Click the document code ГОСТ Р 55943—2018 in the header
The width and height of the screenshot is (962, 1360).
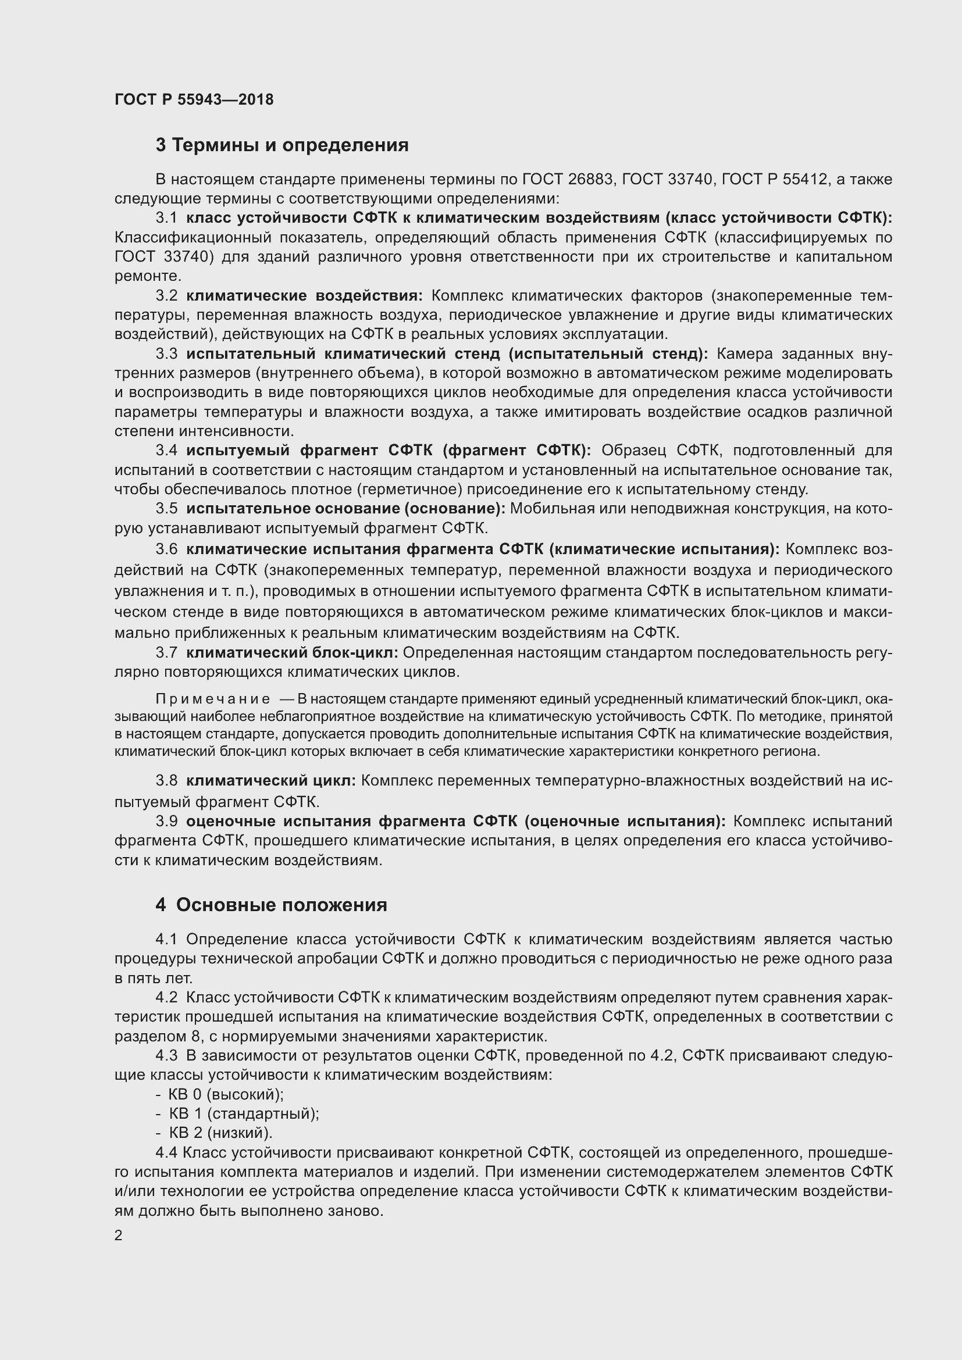pyautogui.click(x=194, y=99)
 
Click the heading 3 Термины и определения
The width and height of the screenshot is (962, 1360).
pyautogui.click(x=282, y=145)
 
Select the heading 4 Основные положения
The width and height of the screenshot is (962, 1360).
pyautogui.click(x=271, y=905)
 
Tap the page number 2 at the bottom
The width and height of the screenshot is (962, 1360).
pyautogui.click(x=119, y=1236)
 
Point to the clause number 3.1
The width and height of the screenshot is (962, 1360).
pyautogui.click(x=166, y=218)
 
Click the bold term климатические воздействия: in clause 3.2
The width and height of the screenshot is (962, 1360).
pyautogui.click(x=304, y=295)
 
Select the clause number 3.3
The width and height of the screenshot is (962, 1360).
pyautogui.click(x=166, y=354)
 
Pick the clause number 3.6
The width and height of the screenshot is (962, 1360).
pyautogui.click(x=166, y=549)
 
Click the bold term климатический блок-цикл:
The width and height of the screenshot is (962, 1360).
pyautogui.click(x=293, y=653)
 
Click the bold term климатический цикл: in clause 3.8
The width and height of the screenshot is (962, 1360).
pyautogui.click(x=270, y=781)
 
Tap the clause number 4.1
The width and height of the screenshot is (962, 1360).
pyautogui.click(x=166, y=940)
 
